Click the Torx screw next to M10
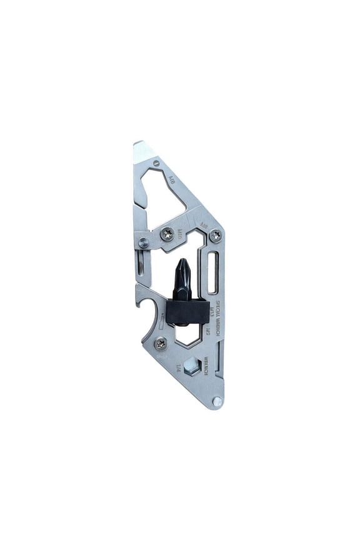pyautogui.click(x=167, y=234)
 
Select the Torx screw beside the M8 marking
pyautogui.click(x=216, y=235)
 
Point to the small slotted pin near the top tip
pyautogui.click(x=156, y=163)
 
